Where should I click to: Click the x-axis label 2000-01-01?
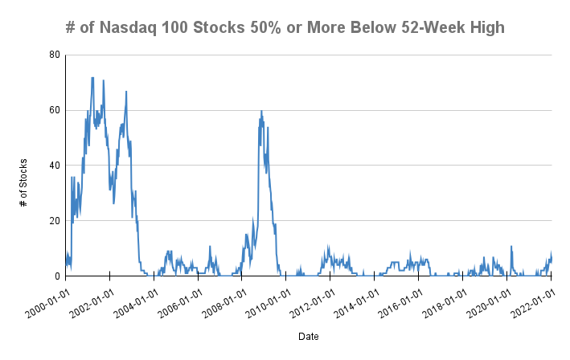46,300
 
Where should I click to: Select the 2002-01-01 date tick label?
90,300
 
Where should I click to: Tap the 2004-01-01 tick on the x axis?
134,300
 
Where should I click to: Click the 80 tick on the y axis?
54,55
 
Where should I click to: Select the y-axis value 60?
54,110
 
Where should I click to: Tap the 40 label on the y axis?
54,166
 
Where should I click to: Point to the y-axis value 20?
54,221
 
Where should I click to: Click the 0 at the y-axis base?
56,276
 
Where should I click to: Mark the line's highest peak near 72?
92,78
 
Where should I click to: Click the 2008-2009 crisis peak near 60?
261,112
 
